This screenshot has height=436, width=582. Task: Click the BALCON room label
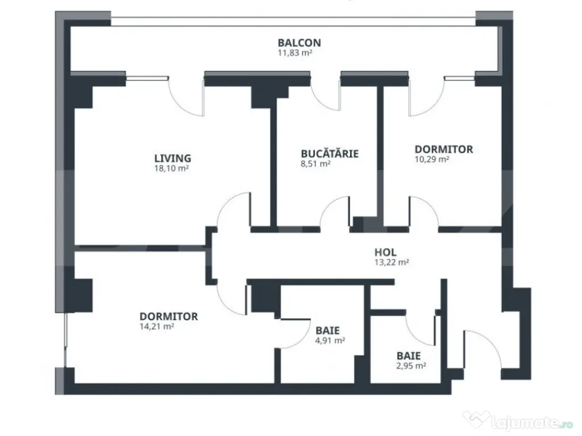click(299, 43)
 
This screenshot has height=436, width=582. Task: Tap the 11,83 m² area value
click(295, 53)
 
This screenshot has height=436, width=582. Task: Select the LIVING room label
click(173, 158)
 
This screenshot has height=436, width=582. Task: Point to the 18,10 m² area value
click(172, 168)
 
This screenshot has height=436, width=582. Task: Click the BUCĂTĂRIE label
click(330, 153)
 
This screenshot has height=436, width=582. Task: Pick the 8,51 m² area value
click(315, 163)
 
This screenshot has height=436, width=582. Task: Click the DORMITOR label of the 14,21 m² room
click(168, 317)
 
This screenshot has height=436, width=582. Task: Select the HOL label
click(385, 253)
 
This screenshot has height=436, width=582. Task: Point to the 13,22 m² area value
click(392, 262)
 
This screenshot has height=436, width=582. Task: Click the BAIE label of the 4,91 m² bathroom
click(327, 330)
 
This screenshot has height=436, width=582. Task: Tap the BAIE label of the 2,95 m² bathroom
click(409, 356)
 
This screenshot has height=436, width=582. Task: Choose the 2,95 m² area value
click(411, 366)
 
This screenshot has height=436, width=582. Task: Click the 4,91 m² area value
click(330, 341)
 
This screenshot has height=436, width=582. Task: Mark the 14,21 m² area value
click(157, 326)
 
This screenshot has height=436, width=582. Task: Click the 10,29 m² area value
click(432, 160)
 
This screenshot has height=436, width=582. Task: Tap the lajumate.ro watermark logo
click(518, 420)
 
